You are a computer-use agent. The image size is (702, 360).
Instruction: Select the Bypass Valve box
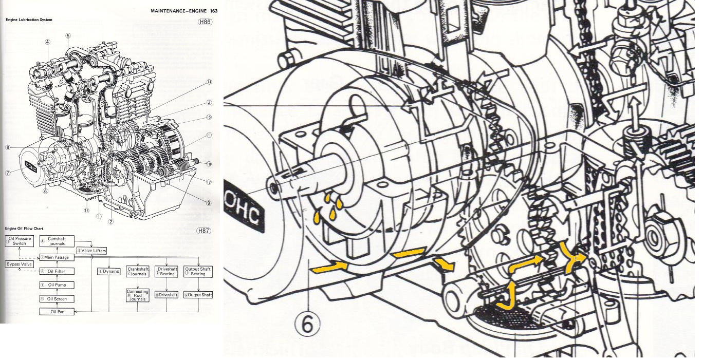19,264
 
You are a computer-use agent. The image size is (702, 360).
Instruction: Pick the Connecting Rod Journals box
137,295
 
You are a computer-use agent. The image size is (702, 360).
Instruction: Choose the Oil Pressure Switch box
20,241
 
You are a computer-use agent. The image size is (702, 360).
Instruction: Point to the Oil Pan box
57,311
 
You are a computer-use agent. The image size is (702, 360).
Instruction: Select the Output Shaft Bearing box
198,271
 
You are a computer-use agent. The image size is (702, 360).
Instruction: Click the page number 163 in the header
214,11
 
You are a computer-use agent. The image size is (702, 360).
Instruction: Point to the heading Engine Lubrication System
29,20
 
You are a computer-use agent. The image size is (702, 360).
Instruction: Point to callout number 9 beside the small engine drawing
209,203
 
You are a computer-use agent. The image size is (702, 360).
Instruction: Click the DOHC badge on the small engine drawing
30,167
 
